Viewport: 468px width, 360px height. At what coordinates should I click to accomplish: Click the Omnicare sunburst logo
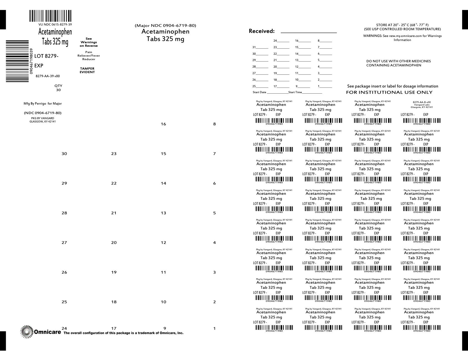[27, 332]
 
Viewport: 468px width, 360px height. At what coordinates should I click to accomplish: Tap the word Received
[261, 31]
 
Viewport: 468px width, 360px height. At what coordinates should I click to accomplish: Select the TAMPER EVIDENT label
[87, 70]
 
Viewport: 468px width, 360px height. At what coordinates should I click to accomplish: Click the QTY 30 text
[58, 88]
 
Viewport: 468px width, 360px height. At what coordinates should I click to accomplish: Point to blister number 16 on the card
[163, 124]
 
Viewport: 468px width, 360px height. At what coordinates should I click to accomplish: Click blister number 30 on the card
[64, 154]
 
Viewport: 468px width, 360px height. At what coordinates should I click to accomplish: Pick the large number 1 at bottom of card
[214, 329]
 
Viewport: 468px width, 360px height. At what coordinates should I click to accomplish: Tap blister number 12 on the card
[163, 242]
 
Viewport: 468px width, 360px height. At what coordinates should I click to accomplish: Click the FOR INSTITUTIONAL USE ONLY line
[389, 92]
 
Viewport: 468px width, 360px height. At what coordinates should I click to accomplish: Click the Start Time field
[312, 92]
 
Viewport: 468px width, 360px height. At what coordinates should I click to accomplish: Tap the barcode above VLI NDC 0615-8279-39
[50, 16]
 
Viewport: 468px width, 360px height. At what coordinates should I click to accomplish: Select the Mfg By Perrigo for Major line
[42, 104]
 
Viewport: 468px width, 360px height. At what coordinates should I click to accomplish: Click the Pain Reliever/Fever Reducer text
[89, 56]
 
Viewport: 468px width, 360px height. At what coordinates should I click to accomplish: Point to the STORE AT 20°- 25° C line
[402, 25]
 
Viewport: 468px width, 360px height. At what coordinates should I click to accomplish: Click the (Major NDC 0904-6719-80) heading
[165, 26]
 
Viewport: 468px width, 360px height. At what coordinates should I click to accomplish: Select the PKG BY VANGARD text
[42, 118]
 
